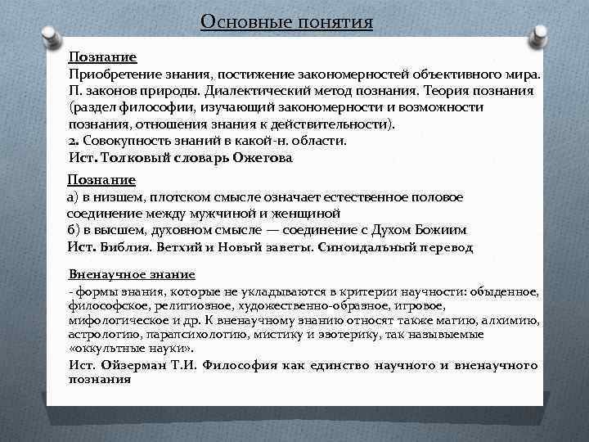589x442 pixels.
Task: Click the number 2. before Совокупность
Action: coord(73,140)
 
